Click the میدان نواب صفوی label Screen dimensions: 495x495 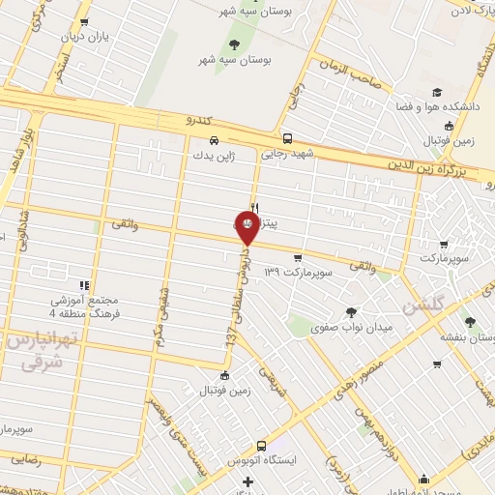point(351,329)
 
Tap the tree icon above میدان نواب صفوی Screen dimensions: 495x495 point(350,311)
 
